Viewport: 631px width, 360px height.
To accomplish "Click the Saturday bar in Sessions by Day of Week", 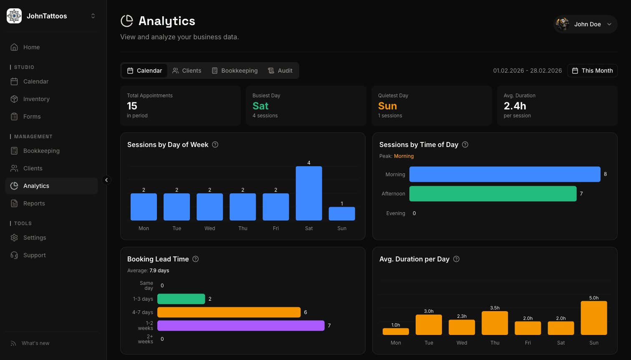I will pyautogui.click(x=309, y=193).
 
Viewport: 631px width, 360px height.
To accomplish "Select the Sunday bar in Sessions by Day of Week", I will pyautogui.click(x=342, y=214).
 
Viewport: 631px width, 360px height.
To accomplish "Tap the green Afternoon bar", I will pyautogui.click(x=492, y=194).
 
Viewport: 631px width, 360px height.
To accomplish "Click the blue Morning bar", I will pyautogui.click(x=505, y=174).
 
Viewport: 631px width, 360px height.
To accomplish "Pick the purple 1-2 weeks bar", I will pyautogui.click(x=241, y=326).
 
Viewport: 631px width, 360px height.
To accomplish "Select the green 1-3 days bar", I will pyautogui.click(x=181, y=299).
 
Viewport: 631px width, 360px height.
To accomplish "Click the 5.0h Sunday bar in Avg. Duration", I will pyautogui.click(x=593, y=318).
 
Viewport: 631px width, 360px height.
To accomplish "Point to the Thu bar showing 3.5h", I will pyautogui.click(x=495, y=323).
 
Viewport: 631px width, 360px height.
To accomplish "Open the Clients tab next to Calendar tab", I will pyautogui.click(x=187, y=71).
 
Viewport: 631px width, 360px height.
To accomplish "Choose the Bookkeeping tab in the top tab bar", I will pyautogui.click(x=235, y=71).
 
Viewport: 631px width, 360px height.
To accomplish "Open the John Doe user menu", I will pyautogui.click(x=585, y=24).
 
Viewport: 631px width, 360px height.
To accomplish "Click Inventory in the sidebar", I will pyautogui.click(x=36, y=99).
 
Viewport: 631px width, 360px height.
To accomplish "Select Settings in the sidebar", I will pyautogui.click(x=35, y=238).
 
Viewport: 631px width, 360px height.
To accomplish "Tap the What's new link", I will pyautogui.click(x=35, y=343).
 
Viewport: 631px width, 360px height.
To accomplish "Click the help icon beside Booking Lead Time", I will pyautogui.click(x=195, y=259).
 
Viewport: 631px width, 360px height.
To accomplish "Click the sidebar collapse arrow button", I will pyautogui.click(x=106, y=180).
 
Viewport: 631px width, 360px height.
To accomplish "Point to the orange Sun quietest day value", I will pyautogui.click(x=387, y=106).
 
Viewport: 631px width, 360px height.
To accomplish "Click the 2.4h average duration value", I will pyautogui.click(x=515, y=106).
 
